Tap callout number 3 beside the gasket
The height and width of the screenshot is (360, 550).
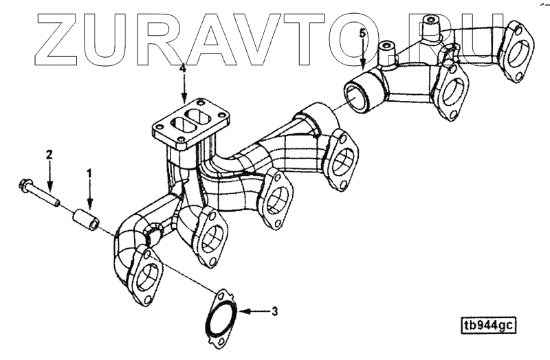274,313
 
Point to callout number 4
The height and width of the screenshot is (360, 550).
183,69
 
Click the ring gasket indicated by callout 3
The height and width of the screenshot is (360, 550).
221,319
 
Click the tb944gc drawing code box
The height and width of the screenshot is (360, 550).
489,324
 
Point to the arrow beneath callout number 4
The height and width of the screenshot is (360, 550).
183,89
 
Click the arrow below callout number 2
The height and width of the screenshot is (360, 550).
49,172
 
